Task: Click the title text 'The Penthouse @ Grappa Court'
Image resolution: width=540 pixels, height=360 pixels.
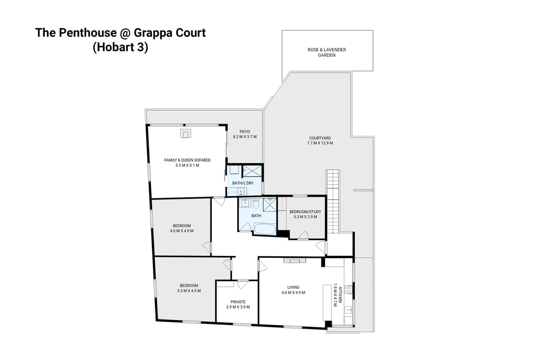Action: (x=120, y=33)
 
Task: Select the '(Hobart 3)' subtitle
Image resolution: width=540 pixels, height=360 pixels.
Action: (x=120, y=48)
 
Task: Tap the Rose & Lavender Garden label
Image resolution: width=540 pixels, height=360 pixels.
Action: (x=327, y=52)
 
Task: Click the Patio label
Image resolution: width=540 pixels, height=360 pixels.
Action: (x=245, y=132)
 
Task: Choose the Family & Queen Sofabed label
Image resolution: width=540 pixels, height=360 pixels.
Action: (x=187, y=160)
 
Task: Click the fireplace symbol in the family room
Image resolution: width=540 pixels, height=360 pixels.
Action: (x=186, y=134)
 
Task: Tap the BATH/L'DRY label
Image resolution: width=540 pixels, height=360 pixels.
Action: (x=243, y=183)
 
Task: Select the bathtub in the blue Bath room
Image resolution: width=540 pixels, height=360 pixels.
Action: (x=265, y=229)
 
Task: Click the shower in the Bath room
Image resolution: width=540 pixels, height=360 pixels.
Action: (x=269, y=205)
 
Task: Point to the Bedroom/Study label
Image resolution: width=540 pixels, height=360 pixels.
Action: (x=305, y=211)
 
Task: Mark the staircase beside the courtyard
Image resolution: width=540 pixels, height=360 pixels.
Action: (x=332, y=202)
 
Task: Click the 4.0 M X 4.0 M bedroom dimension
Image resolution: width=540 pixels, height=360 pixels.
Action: (x=182, y=231)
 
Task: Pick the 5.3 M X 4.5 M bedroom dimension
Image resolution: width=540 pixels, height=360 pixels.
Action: (x=189, y=291)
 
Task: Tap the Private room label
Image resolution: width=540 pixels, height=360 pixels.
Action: (x=238, y=302)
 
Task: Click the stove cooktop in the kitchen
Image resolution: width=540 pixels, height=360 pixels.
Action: (x=348, y=290)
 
